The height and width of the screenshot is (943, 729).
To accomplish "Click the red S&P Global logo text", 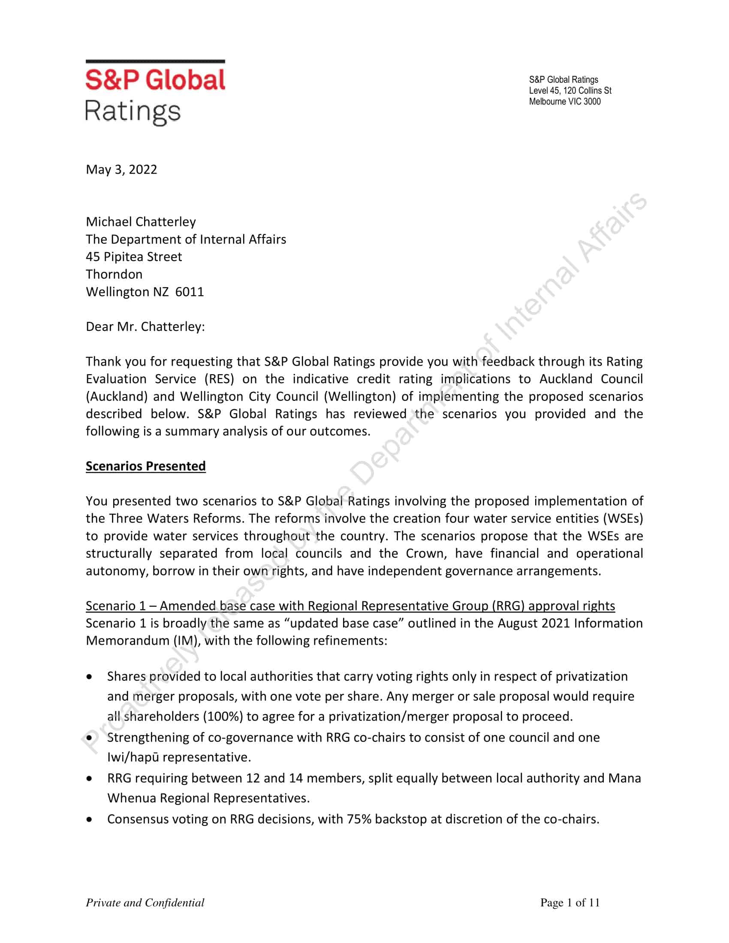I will click(155, 80).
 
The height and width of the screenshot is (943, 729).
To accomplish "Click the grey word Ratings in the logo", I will click(133, 112).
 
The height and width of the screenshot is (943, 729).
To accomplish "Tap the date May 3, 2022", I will click(121, 169).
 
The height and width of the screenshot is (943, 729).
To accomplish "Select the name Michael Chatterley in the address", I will click(141, 222).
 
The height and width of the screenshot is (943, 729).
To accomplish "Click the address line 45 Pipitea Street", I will click(134, 256).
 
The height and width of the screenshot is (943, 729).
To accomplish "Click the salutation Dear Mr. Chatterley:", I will click(145, 327).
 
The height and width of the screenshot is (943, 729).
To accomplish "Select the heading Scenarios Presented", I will click(145, 466).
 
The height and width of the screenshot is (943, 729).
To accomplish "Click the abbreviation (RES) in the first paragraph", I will click(220, 379).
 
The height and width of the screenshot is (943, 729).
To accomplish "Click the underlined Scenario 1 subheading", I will click(350, 606).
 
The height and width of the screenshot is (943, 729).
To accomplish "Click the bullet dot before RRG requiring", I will click(89, 778).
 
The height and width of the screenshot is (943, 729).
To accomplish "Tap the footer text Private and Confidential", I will click(145, 903).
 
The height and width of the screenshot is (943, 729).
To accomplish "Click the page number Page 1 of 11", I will click(569, 902).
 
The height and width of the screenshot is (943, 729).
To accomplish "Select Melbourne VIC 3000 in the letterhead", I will click(564, 102).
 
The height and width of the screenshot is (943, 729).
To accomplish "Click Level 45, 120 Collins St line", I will click(570, 91).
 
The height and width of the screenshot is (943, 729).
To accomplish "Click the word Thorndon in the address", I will click(114, 274).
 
